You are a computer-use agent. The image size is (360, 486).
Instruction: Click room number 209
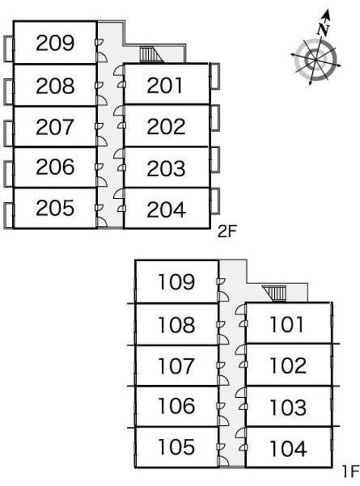(55, 43)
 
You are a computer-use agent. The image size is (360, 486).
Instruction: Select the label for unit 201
(165, 85)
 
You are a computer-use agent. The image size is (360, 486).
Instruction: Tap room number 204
(166, 210)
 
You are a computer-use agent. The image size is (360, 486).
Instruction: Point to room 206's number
(55, 166)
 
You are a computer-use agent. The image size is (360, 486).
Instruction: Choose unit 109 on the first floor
(176, 282)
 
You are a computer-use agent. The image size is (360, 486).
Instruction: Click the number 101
(286, 324)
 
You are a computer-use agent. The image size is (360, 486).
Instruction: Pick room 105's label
(176, 447)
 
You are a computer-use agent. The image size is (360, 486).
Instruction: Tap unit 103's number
(289, 407)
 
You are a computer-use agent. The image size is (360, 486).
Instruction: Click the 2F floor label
(227, 231)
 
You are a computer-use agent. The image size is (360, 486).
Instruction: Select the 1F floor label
(350, 472)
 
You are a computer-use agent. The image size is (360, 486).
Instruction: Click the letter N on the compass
(323, 30)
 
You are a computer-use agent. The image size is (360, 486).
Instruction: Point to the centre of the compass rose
(315, 59)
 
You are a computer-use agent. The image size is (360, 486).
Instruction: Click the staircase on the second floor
(151, 55)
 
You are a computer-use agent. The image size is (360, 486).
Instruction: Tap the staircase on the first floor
(274, 294)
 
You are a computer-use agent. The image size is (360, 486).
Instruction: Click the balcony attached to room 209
(8, 49)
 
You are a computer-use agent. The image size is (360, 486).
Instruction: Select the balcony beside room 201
(215, 76)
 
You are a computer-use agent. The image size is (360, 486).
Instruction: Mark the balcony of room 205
(8, 216)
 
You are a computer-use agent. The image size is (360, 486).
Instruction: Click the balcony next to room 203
(215, 159)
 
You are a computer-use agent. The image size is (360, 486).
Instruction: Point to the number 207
(55, 127)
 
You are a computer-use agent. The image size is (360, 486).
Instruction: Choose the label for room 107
(176, 366)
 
